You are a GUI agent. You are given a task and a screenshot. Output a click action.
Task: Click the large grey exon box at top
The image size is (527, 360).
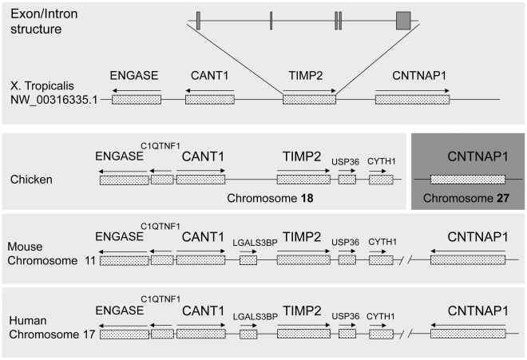(403, 21)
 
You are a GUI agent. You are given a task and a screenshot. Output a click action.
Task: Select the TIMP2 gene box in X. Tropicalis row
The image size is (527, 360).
(309, 100)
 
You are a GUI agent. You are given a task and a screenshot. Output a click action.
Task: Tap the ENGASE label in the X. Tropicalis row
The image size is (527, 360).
(136, 77)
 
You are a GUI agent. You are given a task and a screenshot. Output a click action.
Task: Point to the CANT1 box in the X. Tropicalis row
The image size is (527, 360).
(210, 100)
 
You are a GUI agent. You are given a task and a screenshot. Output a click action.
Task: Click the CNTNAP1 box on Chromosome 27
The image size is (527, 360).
(468, 180)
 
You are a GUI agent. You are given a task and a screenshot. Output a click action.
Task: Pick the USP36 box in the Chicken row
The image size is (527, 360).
(347, 180)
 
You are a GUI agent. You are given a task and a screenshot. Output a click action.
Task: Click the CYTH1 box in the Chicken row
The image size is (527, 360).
(381, 180)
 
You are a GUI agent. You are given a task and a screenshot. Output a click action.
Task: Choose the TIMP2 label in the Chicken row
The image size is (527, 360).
(303, 155)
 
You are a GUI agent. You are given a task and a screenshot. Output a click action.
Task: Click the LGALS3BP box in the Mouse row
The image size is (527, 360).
(248, 260)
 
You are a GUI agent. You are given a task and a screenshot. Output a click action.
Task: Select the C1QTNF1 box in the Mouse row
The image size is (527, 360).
(162, 260)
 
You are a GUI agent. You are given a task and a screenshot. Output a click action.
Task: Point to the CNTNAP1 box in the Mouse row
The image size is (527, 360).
(468, 260)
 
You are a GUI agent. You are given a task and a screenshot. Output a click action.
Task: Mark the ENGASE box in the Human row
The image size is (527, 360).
(124, 334)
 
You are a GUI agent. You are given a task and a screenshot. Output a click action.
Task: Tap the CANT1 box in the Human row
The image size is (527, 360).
(200, 334)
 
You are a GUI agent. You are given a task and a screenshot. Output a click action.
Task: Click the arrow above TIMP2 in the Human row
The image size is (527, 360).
(303, 324)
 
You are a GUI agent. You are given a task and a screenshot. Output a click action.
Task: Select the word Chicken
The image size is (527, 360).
(32, 180)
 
